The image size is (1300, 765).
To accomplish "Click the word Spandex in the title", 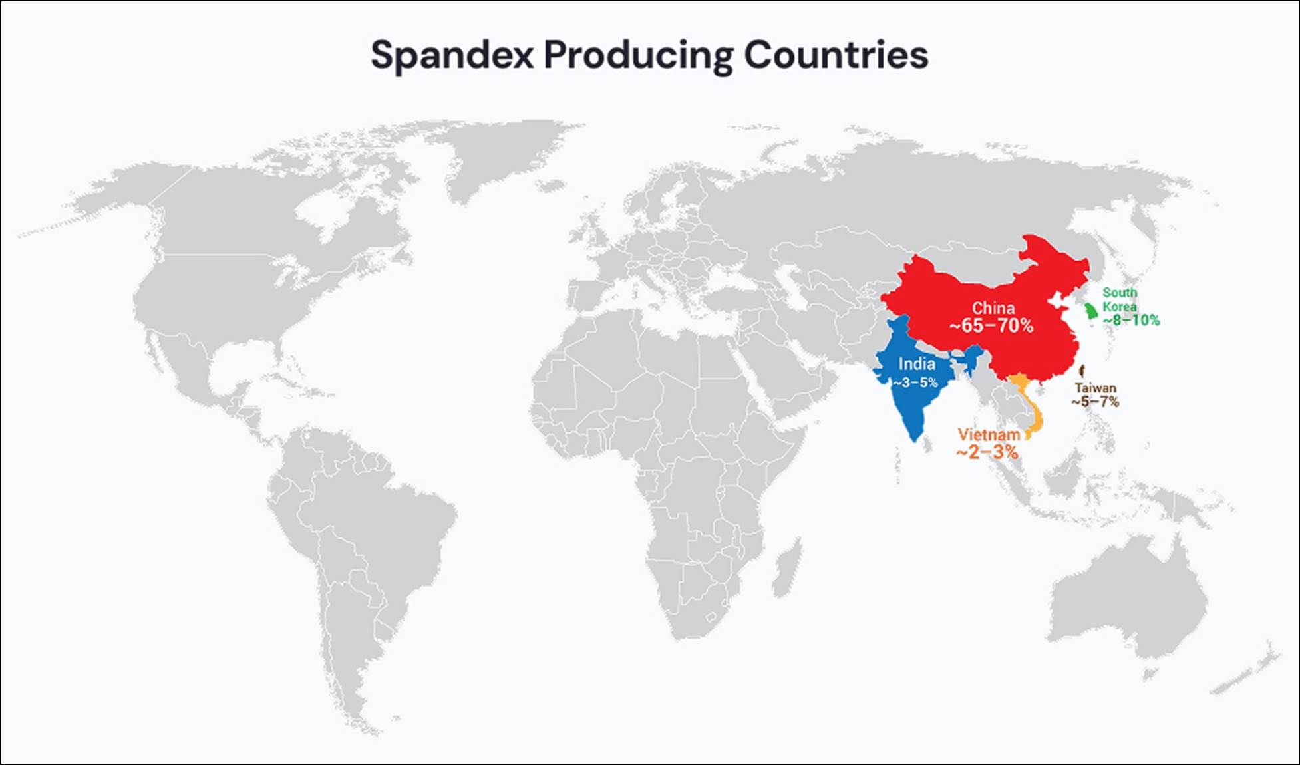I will coord(452,55).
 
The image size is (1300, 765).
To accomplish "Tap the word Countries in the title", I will coord(836,55).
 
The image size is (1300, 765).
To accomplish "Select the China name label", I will coord(993,308).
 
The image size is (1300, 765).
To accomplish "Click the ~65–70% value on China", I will coord(991,326).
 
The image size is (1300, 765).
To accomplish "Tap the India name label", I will coord(917,364).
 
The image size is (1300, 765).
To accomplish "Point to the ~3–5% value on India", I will coord(915,382).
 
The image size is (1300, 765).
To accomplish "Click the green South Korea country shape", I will coord(1090,311).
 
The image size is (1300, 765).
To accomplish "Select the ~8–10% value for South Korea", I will coord(1131,320).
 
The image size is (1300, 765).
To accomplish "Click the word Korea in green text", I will coord(1120,307).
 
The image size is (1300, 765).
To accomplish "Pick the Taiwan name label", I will coord(1096,388).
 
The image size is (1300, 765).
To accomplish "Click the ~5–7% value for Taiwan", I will coord(1095,402).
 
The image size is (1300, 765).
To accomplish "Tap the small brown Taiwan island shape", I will coord(1082,371).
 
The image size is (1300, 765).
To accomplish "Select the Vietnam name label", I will coord(989,434).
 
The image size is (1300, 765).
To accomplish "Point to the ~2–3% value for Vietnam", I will coord(987,452).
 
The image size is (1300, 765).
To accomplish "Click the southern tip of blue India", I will coord(915,437).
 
